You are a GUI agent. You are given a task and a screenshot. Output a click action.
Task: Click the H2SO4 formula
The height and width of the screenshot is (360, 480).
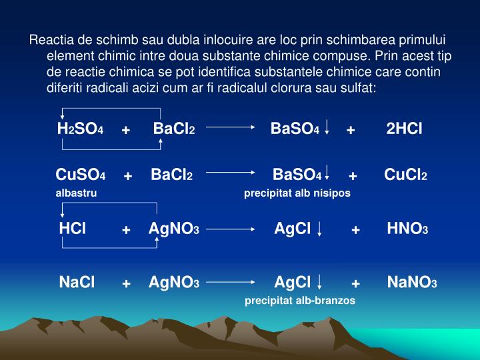coord(80,129)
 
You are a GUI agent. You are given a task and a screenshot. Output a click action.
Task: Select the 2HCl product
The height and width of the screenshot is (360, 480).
coord(404,128)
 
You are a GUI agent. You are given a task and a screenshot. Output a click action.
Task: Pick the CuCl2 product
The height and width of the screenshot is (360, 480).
coord(405,175)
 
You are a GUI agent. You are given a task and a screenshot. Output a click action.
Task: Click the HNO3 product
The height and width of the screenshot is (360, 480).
coord(407,229)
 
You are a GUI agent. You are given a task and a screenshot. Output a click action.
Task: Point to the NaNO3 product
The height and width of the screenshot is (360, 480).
coord(411,283)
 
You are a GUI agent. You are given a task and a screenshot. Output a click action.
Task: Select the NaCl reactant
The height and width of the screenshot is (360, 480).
coord(77,283)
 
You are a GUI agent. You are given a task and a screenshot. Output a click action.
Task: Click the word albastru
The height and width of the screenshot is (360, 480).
coord(76,193)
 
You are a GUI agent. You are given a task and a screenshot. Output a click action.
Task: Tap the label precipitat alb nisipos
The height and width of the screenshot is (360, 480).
coord(297,193)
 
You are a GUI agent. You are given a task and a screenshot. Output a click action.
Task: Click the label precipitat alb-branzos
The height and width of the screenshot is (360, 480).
coord(300,301)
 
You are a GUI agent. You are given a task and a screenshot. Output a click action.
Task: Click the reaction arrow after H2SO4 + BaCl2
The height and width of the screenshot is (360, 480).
coord(231,127)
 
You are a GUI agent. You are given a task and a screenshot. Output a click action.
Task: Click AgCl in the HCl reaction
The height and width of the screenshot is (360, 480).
coord(293,229)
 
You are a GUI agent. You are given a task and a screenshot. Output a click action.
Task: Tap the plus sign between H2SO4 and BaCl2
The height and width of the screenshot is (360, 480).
coord(125,129)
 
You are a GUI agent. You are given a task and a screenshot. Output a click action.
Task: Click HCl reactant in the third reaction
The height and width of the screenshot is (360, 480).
coord(73,229)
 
